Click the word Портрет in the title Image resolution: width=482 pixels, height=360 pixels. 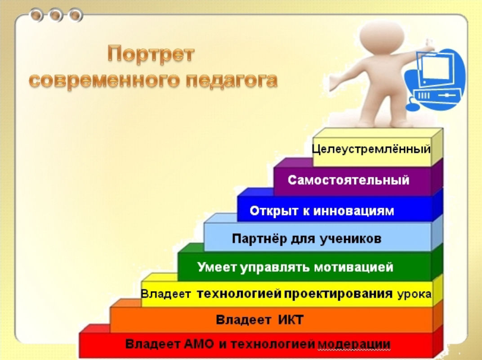(x=151, y=54)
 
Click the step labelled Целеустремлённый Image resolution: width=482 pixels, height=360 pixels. (x=371, y=149)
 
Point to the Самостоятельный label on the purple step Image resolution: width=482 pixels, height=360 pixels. (x=348, y=180)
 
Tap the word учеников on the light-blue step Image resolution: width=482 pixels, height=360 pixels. (x=350, y=239)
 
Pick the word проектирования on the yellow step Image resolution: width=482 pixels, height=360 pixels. (x=338, y=294)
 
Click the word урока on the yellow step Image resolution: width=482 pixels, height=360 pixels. (x=414, y=294)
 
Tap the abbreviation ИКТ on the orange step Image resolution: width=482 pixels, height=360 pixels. (x=290, y=319)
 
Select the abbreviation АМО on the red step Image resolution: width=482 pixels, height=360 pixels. (x=199, y=344)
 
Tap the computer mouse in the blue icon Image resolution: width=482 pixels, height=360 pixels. (x=412, y=107)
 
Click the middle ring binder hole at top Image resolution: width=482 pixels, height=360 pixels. (x=56, y=15)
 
